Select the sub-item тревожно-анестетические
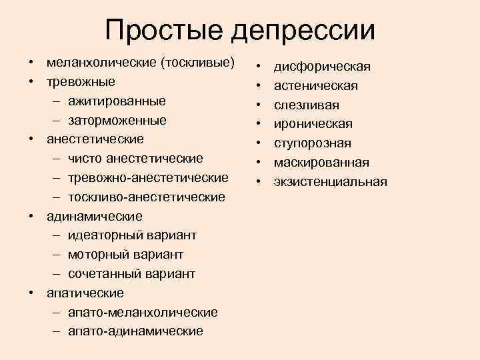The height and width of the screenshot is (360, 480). tap(148, 178)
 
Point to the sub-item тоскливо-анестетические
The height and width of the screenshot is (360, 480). tap(147, 197)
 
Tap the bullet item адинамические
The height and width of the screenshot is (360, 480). tap(94, 217)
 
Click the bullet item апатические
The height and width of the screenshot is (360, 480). tap(85, 293)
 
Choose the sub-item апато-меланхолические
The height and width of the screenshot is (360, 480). tap(143, 313)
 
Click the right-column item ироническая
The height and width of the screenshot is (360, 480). tap(313, 125)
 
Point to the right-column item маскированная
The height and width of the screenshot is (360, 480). tap(321, 163)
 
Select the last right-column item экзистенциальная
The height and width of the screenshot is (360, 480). tap(330, 182)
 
